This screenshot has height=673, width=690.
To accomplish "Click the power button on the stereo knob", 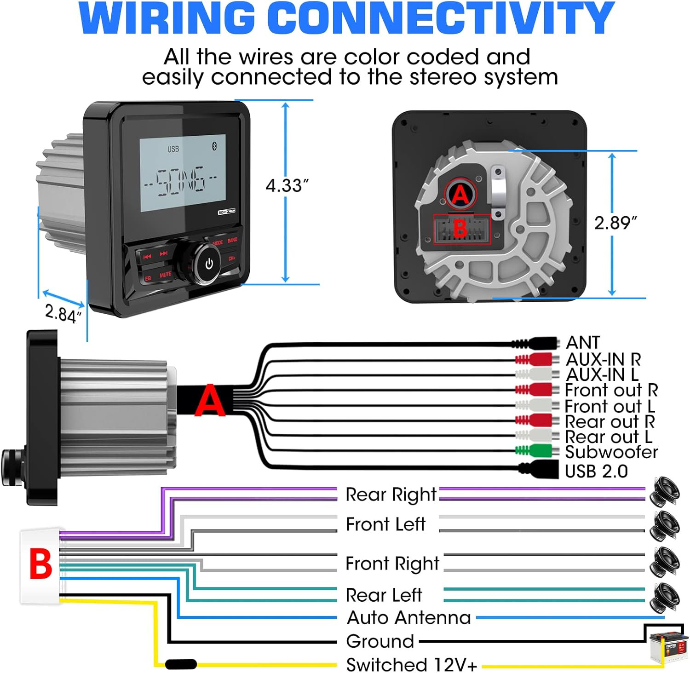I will coord(209,264).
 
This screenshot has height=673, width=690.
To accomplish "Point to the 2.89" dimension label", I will coord(615,223).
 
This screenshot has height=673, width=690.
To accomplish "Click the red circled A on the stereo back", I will coord(460,195).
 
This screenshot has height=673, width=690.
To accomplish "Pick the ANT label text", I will coord(583,343).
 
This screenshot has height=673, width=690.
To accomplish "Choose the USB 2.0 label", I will coord(596,472).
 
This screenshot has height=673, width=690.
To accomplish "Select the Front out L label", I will coord(609,407).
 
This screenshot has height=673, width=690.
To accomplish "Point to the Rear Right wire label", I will coord(391,495).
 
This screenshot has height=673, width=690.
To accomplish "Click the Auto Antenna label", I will coord(409,618).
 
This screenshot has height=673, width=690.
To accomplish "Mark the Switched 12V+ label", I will coord(412,665).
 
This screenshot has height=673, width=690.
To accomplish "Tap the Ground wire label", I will coord(380,641).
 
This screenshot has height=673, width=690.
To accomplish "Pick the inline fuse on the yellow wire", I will coord(181,664).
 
